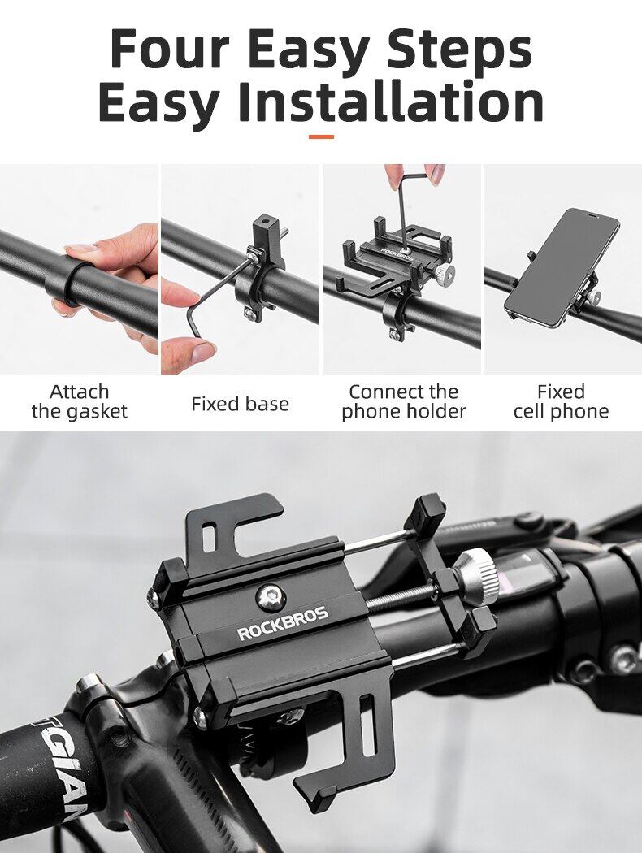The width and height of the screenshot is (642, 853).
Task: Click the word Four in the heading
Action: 170,48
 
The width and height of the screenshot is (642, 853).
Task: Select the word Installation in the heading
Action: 390,102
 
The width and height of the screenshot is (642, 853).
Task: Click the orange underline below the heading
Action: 321,136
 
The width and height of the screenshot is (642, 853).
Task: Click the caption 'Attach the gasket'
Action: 80,401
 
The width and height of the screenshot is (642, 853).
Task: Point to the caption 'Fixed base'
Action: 240,404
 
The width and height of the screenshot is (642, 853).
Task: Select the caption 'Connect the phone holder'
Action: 403,401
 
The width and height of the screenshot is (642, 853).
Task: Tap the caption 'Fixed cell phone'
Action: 561,401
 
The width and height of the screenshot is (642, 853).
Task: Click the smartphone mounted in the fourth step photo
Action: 561,266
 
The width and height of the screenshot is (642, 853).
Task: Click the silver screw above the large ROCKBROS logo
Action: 270,597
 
